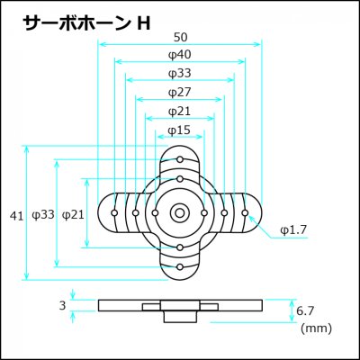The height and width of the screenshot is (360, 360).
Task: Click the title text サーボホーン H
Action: click(87, 23)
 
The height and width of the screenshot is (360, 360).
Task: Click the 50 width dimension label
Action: click(180, 37)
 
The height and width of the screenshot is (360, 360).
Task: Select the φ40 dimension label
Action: click(180, 55)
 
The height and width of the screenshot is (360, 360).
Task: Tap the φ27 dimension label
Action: click(180, 92)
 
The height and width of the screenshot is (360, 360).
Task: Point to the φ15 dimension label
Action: click(179, 130)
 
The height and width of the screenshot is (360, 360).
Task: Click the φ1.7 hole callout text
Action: click(292, 230)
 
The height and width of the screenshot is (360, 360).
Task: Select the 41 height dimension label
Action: click(16, 216)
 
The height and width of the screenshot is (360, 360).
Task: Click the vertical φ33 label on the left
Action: click(43, 215)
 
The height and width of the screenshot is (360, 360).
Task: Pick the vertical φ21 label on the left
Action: click(73, 215)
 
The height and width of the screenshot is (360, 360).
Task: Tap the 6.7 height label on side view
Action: click(305, 310)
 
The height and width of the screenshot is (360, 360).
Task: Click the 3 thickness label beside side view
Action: click(62, 306)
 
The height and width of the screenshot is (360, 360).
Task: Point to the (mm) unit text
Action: click(316, 328)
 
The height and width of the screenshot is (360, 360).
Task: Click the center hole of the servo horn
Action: click(180, 213)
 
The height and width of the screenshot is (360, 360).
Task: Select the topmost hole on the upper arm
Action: click(180, 159)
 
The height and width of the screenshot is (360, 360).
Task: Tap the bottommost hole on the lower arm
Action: click(180, 266)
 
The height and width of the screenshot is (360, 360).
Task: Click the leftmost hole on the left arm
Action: click(114, 213)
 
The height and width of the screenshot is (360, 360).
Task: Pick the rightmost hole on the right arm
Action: click(245, 213)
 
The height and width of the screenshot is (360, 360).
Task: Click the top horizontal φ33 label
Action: click(180, 74)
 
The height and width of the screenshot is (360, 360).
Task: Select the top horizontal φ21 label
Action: click(179, 112)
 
